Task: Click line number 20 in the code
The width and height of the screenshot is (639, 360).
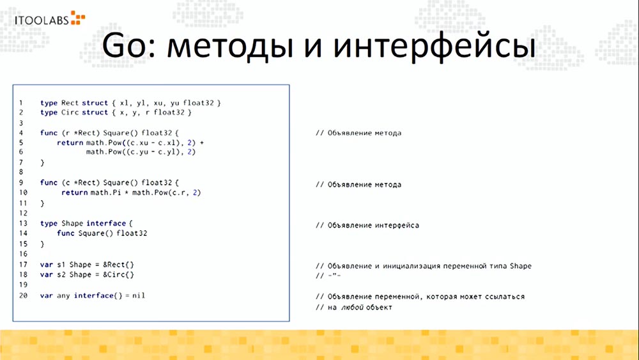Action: click(23, 295)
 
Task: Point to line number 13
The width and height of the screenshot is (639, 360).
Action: click(23, 224)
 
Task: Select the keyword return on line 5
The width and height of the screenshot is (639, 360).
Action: click(69, 143)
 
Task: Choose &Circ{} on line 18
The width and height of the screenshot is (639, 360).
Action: click(120, 275)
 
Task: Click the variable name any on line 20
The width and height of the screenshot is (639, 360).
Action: click(63, 295)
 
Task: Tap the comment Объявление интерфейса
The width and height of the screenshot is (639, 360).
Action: click(367, 226)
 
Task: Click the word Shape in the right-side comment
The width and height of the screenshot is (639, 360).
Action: click(521, 266)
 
